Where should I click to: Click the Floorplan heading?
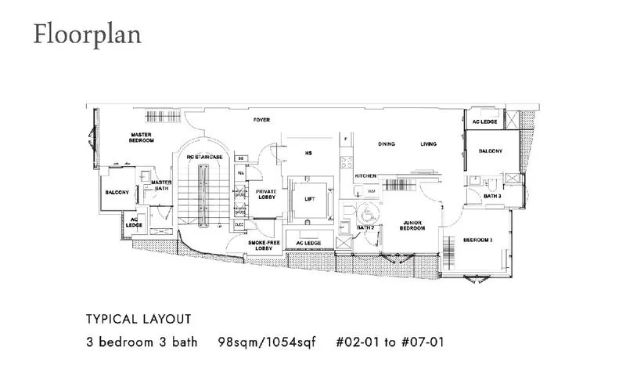click(86, 35)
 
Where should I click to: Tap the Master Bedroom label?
click(142, 138)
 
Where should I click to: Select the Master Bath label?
click(161, 185)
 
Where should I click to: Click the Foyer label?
click(261, 120)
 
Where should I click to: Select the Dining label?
click(386, 144)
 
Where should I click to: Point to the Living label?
click(428, 144)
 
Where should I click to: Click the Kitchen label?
click(366, 176)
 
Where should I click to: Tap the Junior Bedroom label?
click(412, 225)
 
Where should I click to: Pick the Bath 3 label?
click(492, 196)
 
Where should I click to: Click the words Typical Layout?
click(138, 320)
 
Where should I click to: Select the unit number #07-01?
click(426, 343)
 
